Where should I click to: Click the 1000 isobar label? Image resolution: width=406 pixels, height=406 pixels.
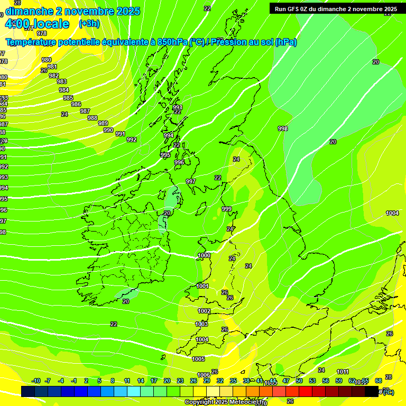pos(204,256)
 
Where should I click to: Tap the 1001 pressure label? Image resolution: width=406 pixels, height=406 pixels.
pos(202,286)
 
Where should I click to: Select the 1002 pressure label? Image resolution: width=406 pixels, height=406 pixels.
pos(204,311)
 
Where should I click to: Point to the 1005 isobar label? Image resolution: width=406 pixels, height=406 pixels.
pos(198,359)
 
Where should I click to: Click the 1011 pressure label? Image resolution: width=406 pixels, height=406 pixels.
pos(343,372)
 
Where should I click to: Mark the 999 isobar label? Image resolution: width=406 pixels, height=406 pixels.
pos(227,209)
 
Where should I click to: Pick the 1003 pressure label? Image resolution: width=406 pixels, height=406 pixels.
pos(201,324)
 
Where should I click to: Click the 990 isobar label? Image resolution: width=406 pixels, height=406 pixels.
pos(108,130)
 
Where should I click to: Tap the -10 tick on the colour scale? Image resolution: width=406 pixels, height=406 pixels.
pos(36,381)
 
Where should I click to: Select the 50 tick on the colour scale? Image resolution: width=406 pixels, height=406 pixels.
pos(299,381)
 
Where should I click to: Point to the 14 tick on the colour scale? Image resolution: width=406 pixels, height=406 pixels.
pos(141,381)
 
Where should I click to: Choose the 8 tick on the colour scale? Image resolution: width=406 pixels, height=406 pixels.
pos(113,381)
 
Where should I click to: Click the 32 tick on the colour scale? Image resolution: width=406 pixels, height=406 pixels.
pos(220,381)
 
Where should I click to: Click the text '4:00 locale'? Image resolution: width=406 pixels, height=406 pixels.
pos(37,24)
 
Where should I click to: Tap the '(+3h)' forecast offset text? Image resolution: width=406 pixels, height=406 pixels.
pos(89,24)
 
